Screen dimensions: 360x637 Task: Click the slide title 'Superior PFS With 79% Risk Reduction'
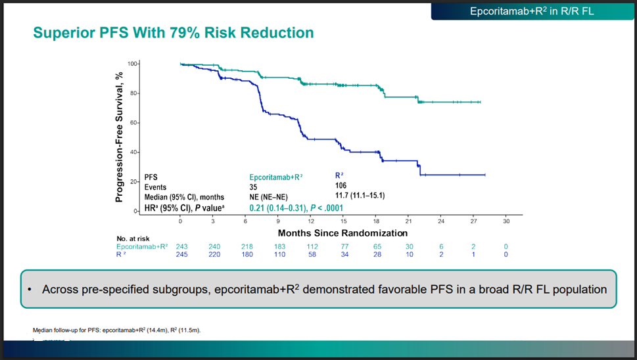(174, 32)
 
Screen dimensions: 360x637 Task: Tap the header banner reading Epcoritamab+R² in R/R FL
(532, 11)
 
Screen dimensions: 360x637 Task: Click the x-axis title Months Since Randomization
(342, 233)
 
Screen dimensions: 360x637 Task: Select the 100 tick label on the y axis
(132, 64)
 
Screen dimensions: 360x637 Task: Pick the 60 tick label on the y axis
(133, 123)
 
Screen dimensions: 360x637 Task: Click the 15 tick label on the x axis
(343, 221)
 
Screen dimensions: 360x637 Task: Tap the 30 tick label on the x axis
(506, 221)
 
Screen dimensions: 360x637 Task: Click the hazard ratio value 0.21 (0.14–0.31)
(277, 208)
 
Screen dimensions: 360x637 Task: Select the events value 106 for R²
(341, 186)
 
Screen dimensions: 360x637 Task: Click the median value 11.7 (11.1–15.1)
(360, 196)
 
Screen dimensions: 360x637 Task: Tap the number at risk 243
(182, 246)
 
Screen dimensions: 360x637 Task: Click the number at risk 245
(182, 254)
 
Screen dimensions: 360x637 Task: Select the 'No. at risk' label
(132, 238)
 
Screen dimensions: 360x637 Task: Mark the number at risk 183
(279, 246)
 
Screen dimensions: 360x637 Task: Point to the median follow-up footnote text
(116, 330)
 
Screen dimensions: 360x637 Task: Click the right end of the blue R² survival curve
(484, 175)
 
